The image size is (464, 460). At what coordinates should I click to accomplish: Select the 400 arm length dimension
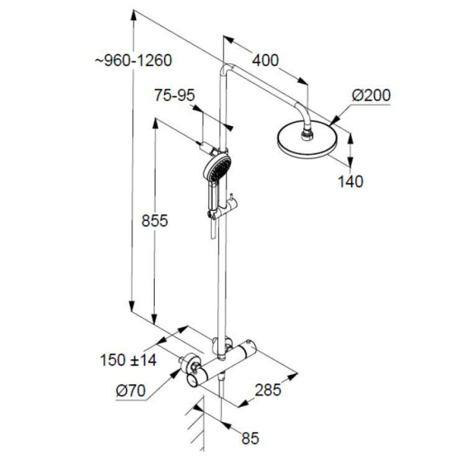[x=264, y=60]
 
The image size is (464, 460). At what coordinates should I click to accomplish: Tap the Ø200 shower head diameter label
[x=370, y=95]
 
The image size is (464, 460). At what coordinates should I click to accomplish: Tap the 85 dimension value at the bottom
[x=248, y=438]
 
